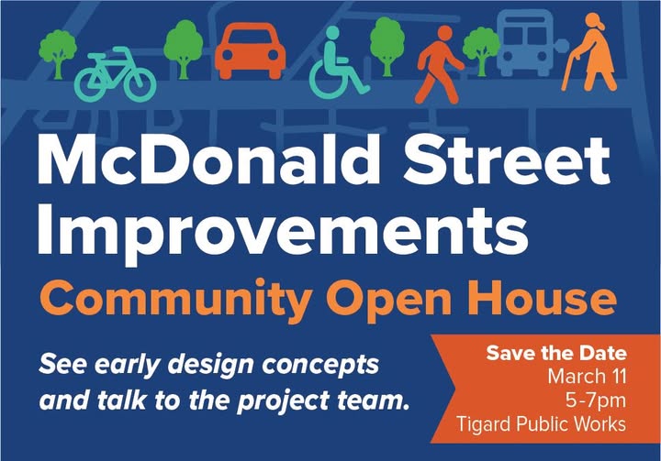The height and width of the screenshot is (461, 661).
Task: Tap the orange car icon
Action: click(x=250, y=53)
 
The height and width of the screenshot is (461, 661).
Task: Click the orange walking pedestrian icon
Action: click(x=440, y=62)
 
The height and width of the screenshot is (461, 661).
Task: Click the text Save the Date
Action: click(x=555, y=353)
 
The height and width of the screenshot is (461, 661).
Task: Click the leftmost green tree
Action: click(x=58, y=49)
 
